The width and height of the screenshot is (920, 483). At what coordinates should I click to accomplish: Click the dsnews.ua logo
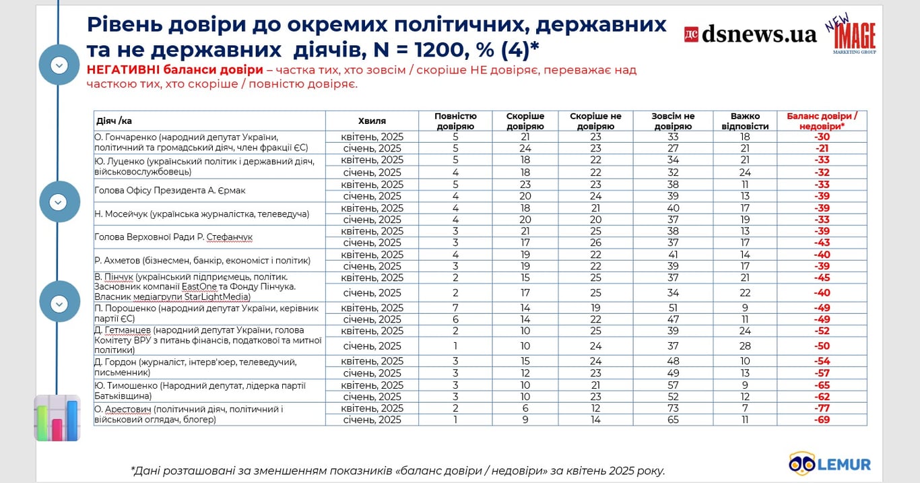[750, 34]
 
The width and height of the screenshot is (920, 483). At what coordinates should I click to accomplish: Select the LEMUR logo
[830, 463]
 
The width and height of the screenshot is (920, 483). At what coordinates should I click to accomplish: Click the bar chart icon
[57, 418]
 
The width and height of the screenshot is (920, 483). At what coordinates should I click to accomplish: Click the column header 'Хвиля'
[372, 121]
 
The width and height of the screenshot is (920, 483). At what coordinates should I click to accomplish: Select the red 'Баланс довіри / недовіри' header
[822, 121]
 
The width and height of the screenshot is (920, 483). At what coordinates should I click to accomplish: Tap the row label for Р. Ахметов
[203, 260]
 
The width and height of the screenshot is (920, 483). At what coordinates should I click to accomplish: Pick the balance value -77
[822, 408]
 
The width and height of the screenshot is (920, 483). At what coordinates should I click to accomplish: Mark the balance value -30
[822, 136]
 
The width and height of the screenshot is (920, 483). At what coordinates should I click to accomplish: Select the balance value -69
[822, 420]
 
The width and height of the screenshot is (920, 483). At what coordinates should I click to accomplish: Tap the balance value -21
[822, 148]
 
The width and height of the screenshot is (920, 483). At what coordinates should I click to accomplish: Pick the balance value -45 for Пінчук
[822, 278]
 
